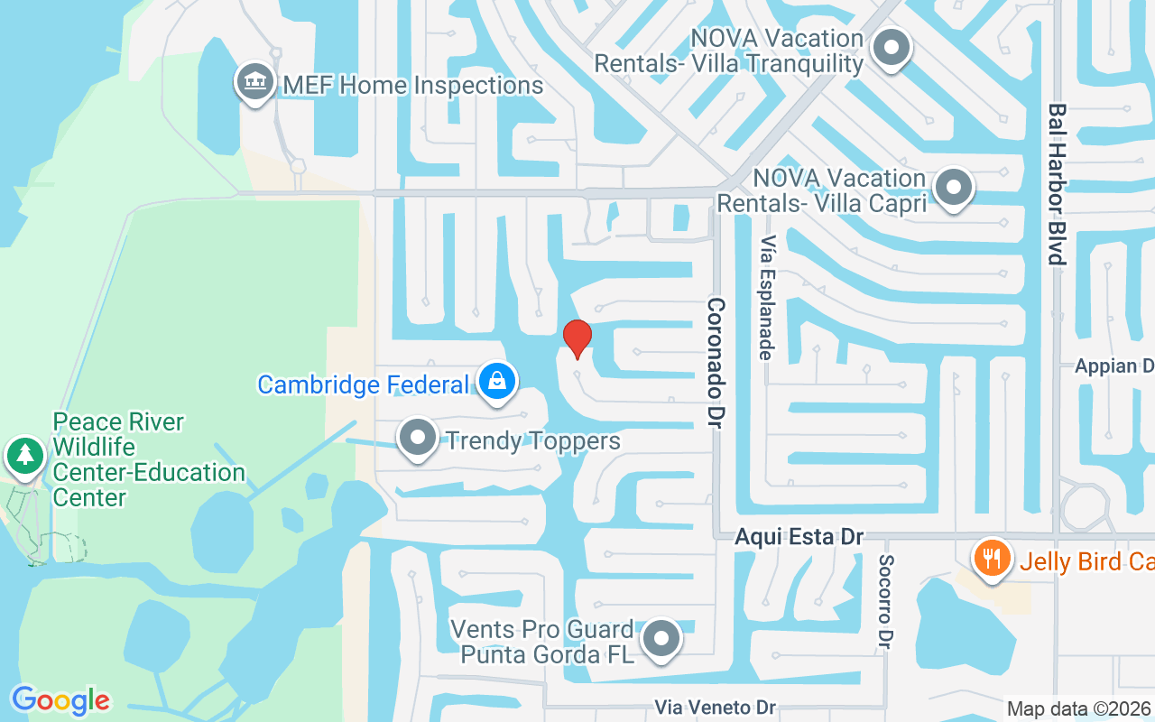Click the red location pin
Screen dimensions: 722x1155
(577, 338)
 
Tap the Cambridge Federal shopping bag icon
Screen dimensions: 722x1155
(496, 382)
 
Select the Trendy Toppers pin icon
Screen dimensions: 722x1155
(417, 439)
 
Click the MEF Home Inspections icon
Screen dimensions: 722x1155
(255, 83)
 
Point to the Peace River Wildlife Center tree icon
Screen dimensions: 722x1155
(25, 456)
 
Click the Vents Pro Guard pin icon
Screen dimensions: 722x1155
(662, 639)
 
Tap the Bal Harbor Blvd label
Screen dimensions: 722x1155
(1057, 184)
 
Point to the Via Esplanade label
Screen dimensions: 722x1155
(767, 298)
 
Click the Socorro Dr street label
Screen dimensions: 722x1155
(885, 600)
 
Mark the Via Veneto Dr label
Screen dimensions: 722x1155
(716, 708)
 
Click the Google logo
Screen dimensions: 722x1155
(60, 700)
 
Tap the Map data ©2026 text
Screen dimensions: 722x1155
(1078, 708)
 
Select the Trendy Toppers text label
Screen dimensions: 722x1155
(533, 440)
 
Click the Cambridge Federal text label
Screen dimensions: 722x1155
(363, 384)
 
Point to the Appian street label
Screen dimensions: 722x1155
(1114, 366)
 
